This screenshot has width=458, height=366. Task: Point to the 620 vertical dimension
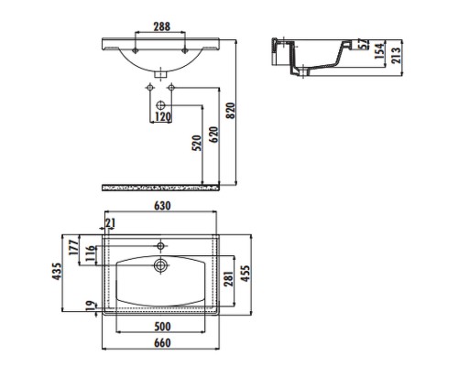pyautogui.click(x=214, y=136)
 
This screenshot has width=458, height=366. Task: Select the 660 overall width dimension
pyautogui.click(x=161, y=343)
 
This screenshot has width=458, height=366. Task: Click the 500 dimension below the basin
pyautogui.click(x=161, y=326)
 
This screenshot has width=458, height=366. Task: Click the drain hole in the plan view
pyautogui.click(x=161, y=266)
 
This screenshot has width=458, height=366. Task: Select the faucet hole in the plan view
pyautogui.click(x=161, y=245)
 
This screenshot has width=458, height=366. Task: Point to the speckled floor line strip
pyautogui.click(x=161, y=188)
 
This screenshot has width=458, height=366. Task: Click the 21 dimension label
pyautogui.click(x=110, y=224)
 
